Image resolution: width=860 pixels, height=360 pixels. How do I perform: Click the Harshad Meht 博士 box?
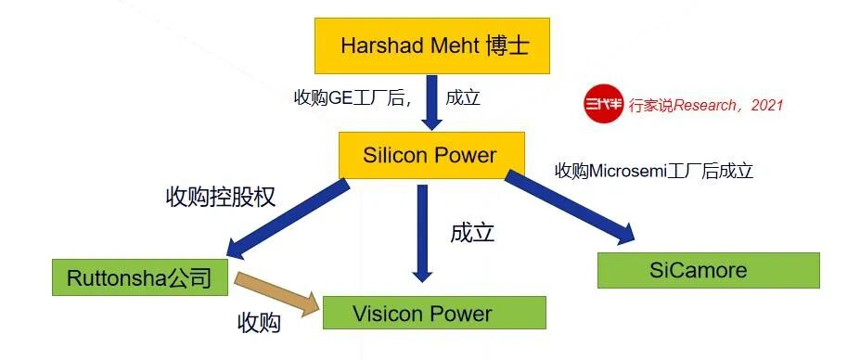click(x=432, y=45)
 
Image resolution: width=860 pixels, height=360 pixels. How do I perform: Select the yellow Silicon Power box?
click(x=431, y=155)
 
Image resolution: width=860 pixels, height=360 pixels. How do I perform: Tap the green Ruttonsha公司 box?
click(x=140, y=277)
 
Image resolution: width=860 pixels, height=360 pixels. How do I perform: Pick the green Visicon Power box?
click(x=434, y=313)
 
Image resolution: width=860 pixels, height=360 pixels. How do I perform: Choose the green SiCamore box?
click(x=709, y=270)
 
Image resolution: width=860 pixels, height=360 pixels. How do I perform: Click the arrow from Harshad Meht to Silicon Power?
click(x=431, y=103)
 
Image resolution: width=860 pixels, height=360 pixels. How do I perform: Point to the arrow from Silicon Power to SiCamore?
click(x=570, y=208)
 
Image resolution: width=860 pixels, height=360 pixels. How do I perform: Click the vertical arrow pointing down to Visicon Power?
click(x=422, y=233)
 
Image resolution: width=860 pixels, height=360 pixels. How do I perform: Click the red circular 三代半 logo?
click(x=604, y=103)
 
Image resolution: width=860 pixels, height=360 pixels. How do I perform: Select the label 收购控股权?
click(x=220, y=197)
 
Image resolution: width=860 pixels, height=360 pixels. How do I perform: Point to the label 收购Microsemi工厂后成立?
click(x=654, y=172)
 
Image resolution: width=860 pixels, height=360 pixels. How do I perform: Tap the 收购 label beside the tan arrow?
click(x=259, y=323)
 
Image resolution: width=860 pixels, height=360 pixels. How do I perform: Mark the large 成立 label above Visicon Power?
click(x=472, y=233)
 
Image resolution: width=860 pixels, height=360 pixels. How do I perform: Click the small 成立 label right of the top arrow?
click(x=463, y=98)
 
